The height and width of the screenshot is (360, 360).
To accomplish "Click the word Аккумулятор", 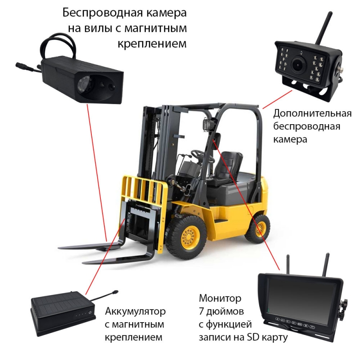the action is point(135,312).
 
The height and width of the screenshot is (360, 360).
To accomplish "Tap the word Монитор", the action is point(220,298).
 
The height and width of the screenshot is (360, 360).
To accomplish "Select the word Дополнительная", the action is point(312,114).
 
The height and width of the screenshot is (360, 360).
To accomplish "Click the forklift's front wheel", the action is point(186,235).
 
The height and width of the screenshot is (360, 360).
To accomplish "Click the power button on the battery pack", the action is point(90,313).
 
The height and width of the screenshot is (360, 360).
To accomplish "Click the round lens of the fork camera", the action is point(85,84).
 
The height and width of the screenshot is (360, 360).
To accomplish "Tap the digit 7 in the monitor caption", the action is point(202,312).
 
